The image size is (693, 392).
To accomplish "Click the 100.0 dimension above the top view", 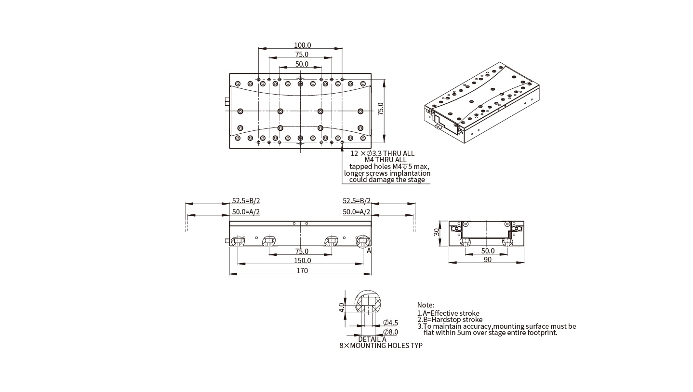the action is [302, 45].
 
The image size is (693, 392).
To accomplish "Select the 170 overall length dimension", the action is [302, 271].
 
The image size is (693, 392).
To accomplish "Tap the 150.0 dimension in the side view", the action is [302, 261].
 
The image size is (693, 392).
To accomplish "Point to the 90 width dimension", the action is [487, 260].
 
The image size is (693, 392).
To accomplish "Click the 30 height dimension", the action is [437, 232].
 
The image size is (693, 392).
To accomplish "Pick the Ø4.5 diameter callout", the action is [390, 323].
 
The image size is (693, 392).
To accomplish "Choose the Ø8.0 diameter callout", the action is [390, 332].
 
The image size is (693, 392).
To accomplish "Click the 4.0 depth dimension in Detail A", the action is [342, 308].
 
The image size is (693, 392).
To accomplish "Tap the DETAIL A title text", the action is [372, 339].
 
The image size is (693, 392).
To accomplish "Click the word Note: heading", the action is [426, 305].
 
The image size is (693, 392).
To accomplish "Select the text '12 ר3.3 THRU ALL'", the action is [382, 154].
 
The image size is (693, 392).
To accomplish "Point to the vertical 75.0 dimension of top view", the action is [381, 109].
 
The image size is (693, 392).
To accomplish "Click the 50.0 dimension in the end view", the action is [488, 251].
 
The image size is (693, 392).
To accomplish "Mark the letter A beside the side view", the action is [369, 251].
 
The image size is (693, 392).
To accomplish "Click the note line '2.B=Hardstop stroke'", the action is [450, 320].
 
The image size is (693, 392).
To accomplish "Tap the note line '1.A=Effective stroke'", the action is [448, 313].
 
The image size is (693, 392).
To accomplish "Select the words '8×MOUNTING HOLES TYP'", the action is [381, 346].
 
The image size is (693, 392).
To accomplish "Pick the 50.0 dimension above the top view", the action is [302, 64].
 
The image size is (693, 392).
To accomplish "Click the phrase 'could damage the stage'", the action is [387, 180].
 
